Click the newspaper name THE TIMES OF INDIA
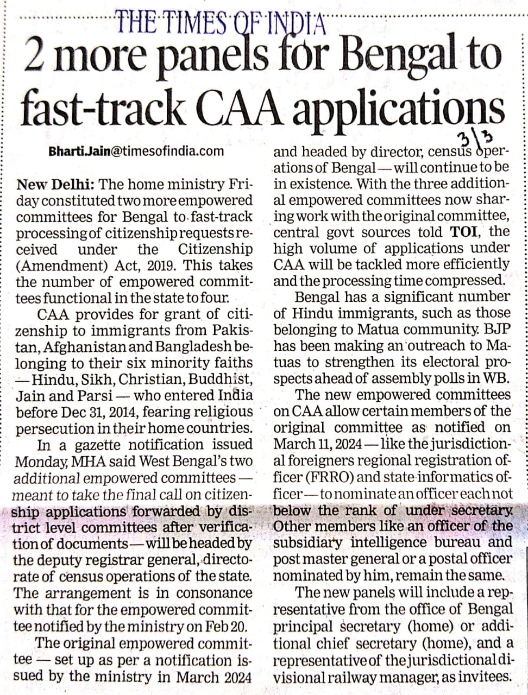pos(221,23)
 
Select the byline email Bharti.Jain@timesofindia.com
pos(136,152)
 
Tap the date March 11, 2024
pos(318,444)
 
